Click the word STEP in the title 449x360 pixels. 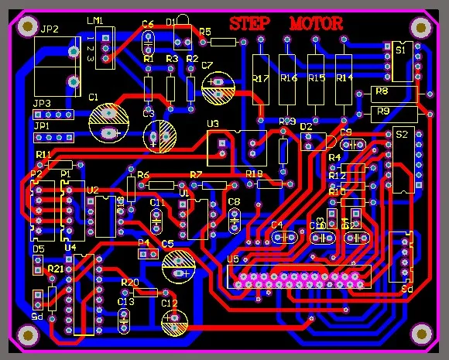(250, 23)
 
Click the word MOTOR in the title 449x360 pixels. (316, 23)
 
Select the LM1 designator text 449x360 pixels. (98, 21)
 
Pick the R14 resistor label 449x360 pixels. (344, 78)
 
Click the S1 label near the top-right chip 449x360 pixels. (400, 50)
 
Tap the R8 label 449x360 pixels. (382, 91)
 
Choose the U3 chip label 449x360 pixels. (213, 124)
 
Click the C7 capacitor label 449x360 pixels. (207, 66)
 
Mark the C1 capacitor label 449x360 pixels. (93, 98)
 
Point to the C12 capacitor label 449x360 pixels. (170, 303)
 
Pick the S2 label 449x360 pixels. (401, 134)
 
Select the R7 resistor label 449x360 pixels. (196, 174)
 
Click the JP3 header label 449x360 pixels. (41, 103)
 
